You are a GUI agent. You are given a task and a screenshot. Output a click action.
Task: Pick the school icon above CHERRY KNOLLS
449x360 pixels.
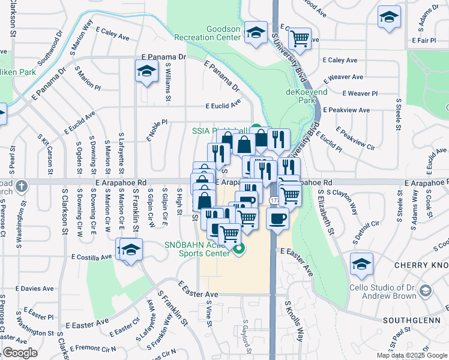[361, 264]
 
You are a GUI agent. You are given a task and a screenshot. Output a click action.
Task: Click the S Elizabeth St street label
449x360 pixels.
[325, 212]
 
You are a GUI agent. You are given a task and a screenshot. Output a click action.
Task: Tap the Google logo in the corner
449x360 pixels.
[20, 353]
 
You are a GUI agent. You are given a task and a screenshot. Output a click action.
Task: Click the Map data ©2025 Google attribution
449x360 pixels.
[411, 355]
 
